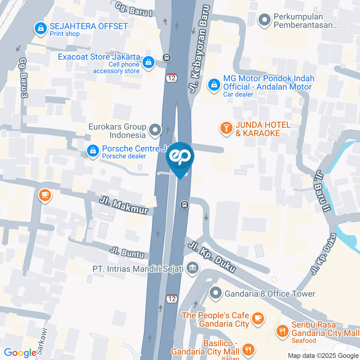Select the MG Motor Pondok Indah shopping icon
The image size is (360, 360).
(214, 85)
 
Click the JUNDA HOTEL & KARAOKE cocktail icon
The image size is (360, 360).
(226, 128)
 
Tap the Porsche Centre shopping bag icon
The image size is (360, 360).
(92, 151)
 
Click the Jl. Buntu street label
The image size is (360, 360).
(127, 252)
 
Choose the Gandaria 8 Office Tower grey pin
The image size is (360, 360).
(216, 294)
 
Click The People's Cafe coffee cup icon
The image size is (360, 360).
(258, 318)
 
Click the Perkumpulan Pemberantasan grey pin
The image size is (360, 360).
(265, 19)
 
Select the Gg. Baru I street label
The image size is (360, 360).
(134, 9)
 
